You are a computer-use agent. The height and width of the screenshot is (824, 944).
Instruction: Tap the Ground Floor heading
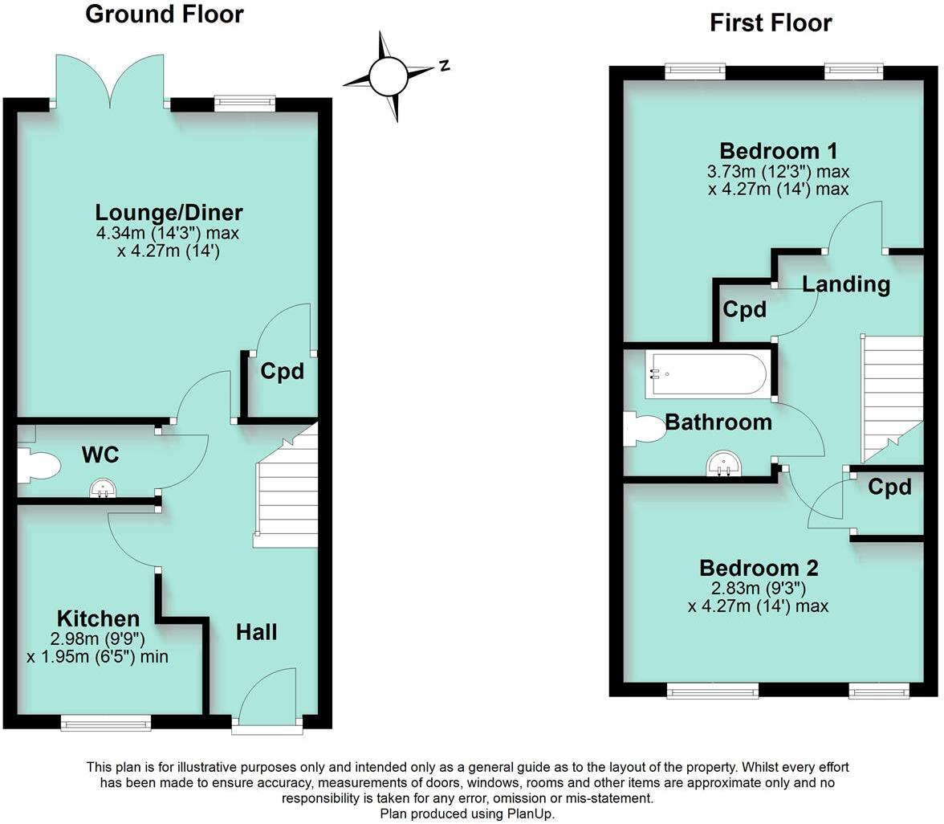coord(164,14)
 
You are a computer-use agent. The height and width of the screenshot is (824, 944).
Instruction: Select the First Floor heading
coord(770,22)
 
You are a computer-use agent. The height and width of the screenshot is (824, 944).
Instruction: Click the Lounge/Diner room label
coord(169,213)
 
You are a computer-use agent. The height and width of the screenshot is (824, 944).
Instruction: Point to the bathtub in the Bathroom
coord(706,374)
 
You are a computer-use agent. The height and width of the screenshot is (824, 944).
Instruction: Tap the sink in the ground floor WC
coord(102,488)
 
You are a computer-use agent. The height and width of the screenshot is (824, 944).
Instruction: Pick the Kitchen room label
coord(98,618)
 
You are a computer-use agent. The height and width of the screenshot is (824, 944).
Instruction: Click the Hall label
coord(257,632)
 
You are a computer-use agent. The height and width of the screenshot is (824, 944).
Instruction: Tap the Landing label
coord(846,284)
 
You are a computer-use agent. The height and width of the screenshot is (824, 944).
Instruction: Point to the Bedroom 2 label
coord(759,568)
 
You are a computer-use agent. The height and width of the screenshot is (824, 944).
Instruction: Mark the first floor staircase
coord(891,398)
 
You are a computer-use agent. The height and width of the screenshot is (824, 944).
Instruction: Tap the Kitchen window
coord(106,724)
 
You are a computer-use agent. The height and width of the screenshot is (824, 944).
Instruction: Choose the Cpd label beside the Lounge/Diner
coord(283,372)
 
